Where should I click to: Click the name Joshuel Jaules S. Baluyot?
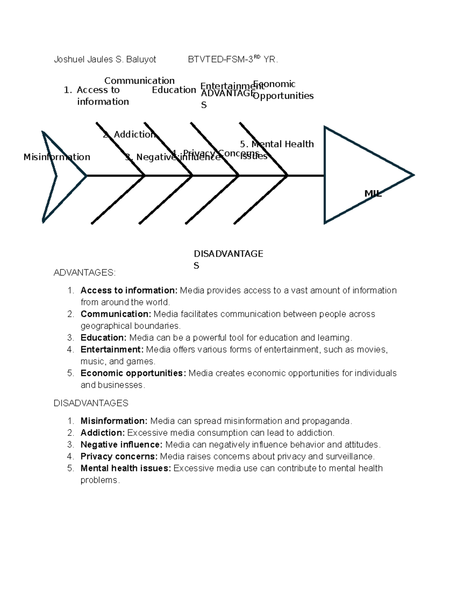tap(105, 60)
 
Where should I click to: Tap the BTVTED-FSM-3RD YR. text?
tap(233, 59)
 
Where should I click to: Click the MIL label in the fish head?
tap(373, 193)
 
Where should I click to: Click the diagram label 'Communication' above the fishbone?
tap(139, 81)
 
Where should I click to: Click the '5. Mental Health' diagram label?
tap(277, 144)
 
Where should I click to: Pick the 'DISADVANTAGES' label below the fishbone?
tap(228, 259)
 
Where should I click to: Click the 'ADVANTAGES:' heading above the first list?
tap(84, 272)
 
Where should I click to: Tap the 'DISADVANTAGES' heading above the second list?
tap(91, 403)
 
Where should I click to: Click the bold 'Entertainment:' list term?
tap(112, 349)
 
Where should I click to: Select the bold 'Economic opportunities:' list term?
tap(133, 373)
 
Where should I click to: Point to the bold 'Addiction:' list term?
tap(102, 433)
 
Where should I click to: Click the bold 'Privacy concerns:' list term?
tap(119, 456)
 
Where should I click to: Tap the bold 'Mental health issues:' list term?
tap(126, 468)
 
